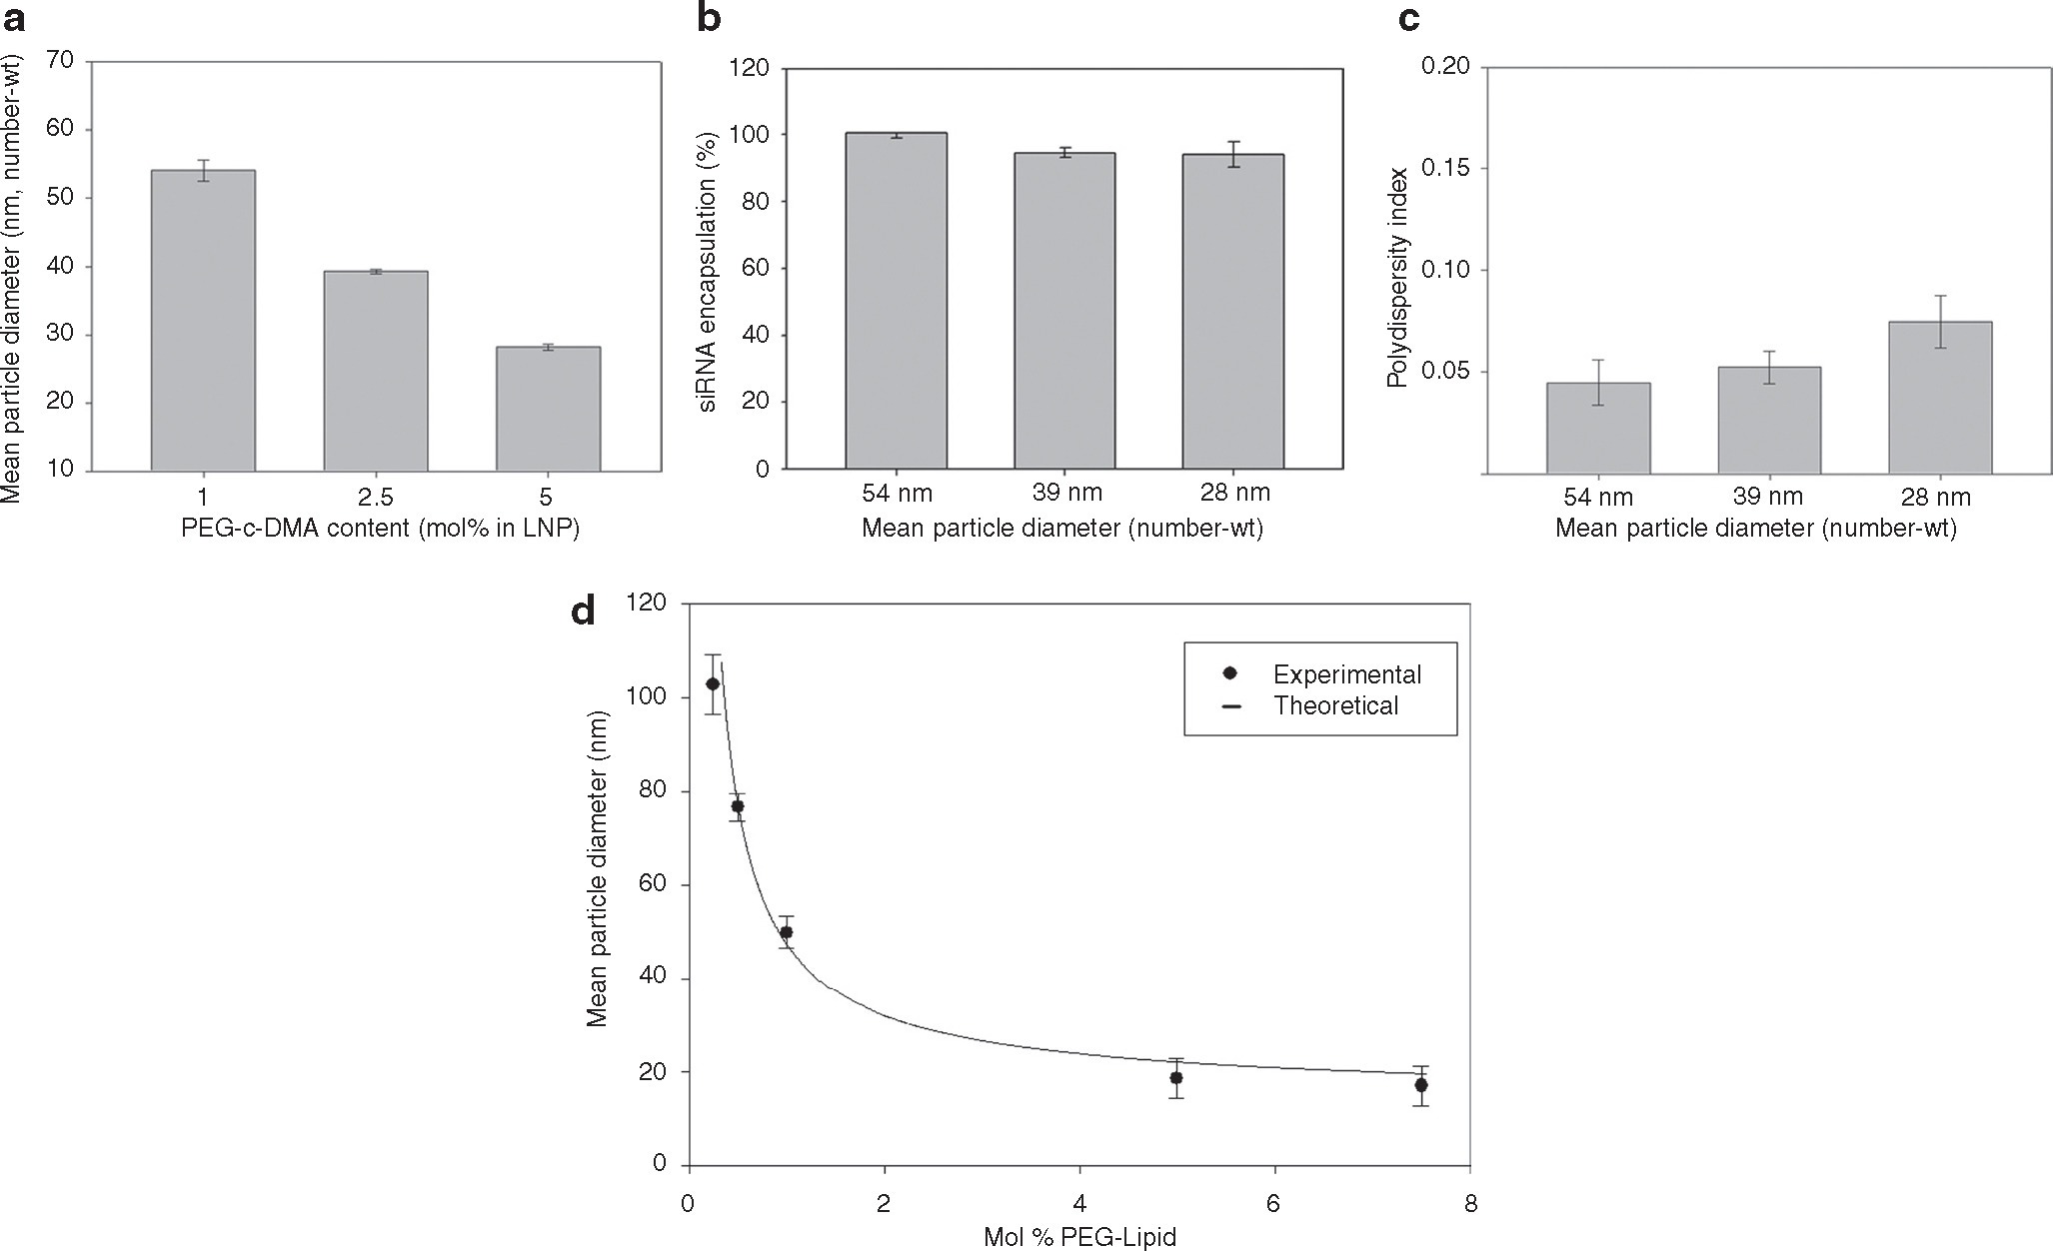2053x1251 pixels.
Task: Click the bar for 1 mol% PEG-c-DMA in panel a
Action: click(203, 320)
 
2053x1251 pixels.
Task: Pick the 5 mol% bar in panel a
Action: click(548, 409)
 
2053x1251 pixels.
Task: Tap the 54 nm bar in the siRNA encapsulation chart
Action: click(896, 301)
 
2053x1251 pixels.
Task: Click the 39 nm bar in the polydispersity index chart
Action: click(1769, 420)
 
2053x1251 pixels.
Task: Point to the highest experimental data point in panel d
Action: click(713, 684)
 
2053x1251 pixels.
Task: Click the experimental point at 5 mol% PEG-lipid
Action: click(1176, 1078)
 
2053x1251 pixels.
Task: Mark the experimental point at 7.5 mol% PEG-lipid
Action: click(1420, 1085)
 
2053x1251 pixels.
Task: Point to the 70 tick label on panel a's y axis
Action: click(59, 61)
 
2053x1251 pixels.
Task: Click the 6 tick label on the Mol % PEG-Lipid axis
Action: click(1274, 1205)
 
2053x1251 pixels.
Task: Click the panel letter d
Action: click(583, 610)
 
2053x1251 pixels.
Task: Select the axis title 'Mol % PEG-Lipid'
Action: click(1079, 1238)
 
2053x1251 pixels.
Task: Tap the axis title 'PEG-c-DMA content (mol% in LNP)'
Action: click(381, 529)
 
